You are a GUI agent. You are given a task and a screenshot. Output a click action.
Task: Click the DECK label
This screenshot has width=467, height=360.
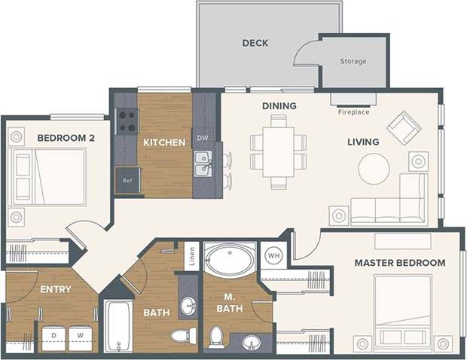click(255, 43)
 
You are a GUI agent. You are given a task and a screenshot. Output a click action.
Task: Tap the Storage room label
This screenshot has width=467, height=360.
click(353, 62)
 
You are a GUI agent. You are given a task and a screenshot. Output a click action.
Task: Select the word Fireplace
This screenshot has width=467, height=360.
click(353, 112)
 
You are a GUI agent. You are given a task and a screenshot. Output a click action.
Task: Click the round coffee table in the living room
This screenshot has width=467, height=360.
click(374, 169)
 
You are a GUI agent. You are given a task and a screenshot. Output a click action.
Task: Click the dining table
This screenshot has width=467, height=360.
click(279, 151)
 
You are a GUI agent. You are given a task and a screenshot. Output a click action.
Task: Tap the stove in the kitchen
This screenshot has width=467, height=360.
click(127, 121)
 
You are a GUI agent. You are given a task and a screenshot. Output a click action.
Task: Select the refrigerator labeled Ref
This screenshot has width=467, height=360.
click(127, 181)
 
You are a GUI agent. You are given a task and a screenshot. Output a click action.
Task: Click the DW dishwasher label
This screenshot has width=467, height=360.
click(202, 139)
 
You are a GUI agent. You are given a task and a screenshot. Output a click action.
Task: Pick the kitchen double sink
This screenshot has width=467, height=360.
click(202, 164)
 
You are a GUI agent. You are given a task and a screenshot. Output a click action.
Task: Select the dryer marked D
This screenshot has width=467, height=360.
click(53, 337)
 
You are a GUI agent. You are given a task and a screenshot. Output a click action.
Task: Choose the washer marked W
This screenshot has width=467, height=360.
click(81, 337)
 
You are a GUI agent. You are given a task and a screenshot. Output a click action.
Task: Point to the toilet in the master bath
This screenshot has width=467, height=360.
click(217, 336)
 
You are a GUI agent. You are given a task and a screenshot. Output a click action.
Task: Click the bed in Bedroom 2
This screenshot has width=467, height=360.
click(50, 176)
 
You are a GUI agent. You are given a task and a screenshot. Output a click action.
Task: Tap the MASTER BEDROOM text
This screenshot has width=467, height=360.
click(400, 263)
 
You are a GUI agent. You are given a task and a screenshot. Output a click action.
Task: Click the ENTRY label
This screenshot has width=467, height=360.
click(56, 289)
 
